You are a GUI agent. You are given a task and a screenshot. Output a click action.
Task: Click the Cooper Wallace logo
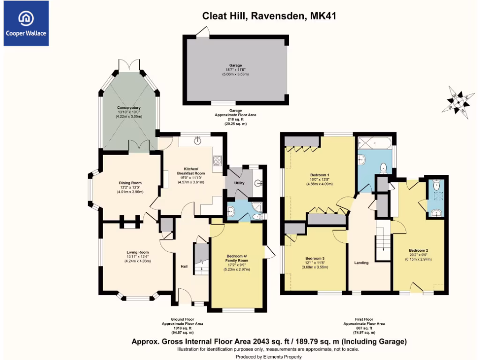[x=26, y=23]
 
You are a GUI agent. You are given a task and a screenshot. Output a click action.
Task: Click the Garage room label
[x=235, y=66]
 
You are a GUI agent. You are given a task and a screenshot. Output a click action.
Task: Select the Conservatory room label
[x=129, y=108]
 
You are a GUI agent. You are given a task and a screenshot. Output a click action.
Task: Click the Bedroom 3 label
[x=315, y=258]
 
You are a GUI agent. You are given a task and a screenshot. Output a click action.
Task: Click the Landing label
[x=361, y=262]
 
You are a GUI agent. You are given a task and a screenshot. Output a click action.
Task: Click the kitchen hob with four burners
[x=218, y=161]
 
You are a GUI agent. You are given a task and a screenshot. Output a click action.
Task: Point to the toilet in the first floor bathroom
[x=383, y=167]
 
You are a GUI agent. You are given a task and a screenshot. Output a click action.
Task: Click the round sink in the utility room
[x=258, y=183]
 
